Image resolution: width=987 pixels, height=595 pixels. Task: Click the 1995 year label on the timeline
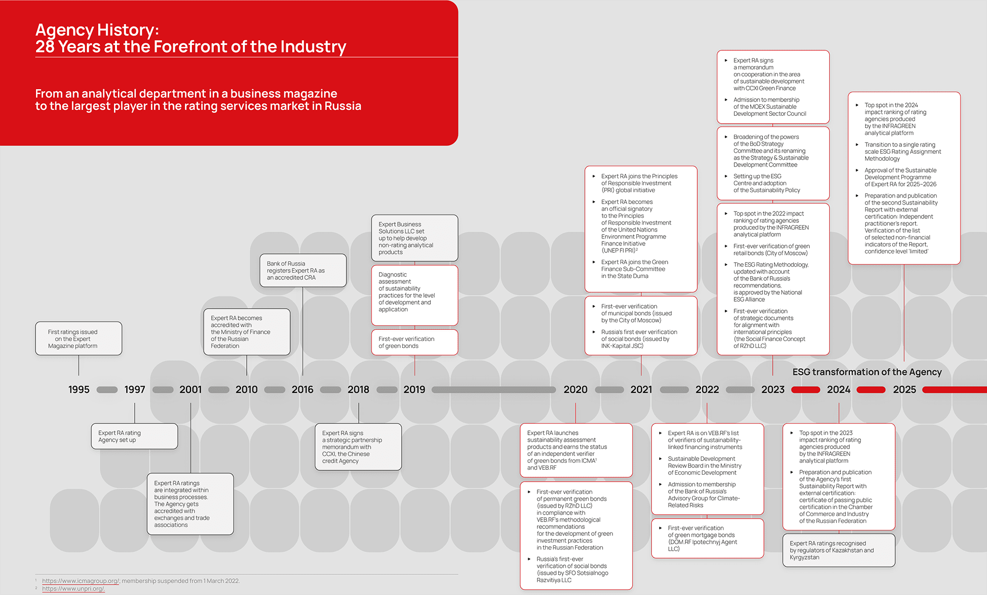(x=79, y=389)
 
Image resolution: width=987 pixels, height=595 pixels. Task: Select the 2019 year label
(x=414, y=389)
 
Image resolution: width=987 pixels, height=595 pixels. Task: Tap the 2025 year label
(x=904, y=389)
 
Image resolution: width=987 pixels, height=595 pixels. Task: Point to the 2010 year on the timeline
(x=246, y=389)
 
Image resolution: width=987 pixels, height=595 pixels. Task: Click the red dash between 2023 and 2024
(x=805, y=390)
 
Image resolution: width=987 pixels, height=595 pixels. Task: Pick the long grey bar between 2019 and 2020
(x=493, y=390)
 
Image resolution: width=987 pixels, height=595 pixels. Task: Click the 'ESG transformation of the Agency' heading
(x=867, y=372)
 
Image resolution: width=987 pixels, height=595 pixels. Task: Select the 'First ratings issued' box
(x=78, y=339)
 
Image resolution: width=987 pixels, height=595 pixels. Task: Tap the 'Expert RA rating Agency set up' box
(x=134, y=436)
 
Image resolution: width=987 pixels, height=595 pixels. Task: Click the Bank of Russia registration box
(x=303, y=271)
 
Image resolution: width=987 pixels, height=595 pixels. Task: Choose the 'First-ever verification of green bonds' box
(x=415, y=342)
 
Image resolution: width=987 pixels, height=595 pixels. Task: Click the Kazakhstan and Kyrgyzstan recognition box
(x=838, y=550)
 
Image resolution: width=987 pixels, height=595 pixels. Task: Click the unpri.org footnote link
(x=74, y=589)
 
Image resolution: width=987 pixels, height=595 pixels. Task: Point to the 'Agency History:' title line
(x=97, y=30)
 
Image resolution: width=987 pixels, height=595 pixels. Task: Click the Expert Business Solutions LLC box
(x=415, y=238)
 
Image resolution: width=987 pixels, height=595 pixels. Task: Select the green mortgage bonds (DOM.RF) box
(x=707, y=538)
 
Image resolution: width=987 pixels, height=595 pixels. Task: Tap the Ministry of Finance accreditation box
(x=247, y=332)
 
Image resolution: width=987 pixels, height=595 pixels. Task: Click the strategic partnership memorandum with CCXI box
(x=358, y=447)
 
